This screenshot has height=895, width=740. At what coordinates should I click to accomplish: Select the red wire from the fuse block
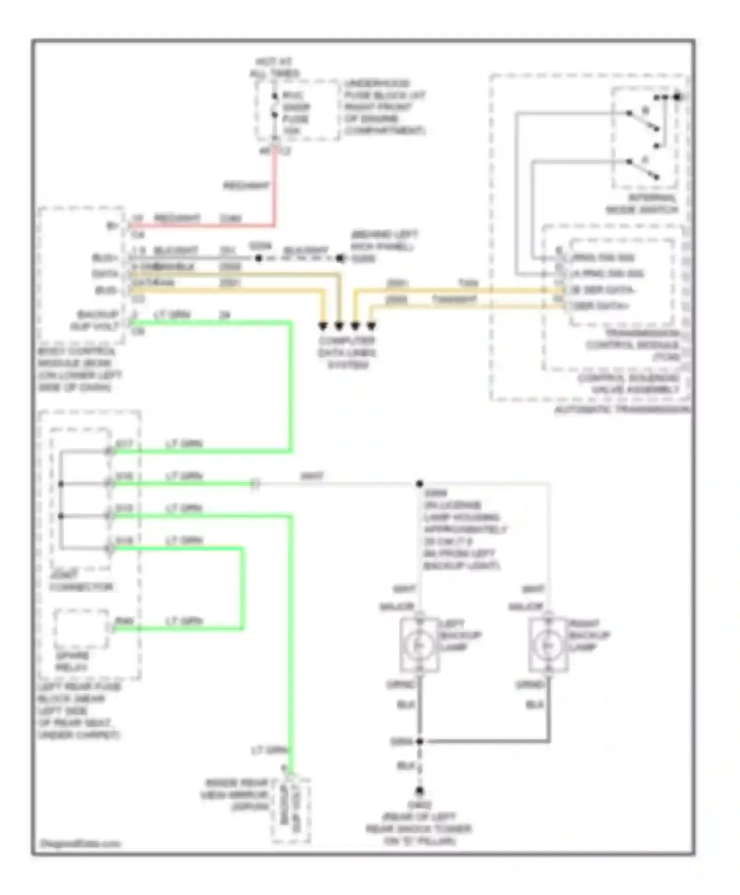point(275,187)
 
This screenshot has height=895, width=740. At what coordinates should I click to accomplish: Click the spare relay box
point(81,629)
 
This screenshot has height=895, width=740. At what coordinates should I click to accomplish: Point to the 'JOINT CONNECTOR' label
point(81,581)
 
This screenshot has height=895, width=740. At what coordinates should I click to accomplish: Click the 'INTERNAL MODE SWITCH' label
point(642,204)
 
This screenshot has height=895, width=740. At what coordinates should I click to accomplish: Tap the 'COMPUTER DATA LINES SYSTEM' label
point(347,353)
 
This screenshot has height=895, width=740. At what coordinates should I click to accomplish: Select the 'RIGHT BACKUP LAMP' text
point(589,635)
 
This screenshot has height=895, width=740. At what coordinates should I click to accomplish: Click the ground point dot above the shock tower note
point(419,791)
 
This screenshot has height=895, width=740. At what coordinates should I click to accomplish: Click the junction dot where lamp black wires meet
point(419,741)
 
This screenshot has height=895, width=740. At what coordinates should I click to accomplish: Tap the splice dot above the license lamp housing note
point(419,484)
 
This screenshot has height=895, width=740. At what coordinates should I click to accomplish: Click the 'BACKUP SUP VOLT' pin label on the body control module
point(98,320)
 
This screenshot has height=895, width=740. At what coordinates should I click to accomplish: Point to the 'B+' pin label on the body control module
point(112,226)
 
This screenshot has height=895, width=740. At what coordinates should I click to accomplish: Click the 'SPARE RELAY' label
point(72,661)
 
